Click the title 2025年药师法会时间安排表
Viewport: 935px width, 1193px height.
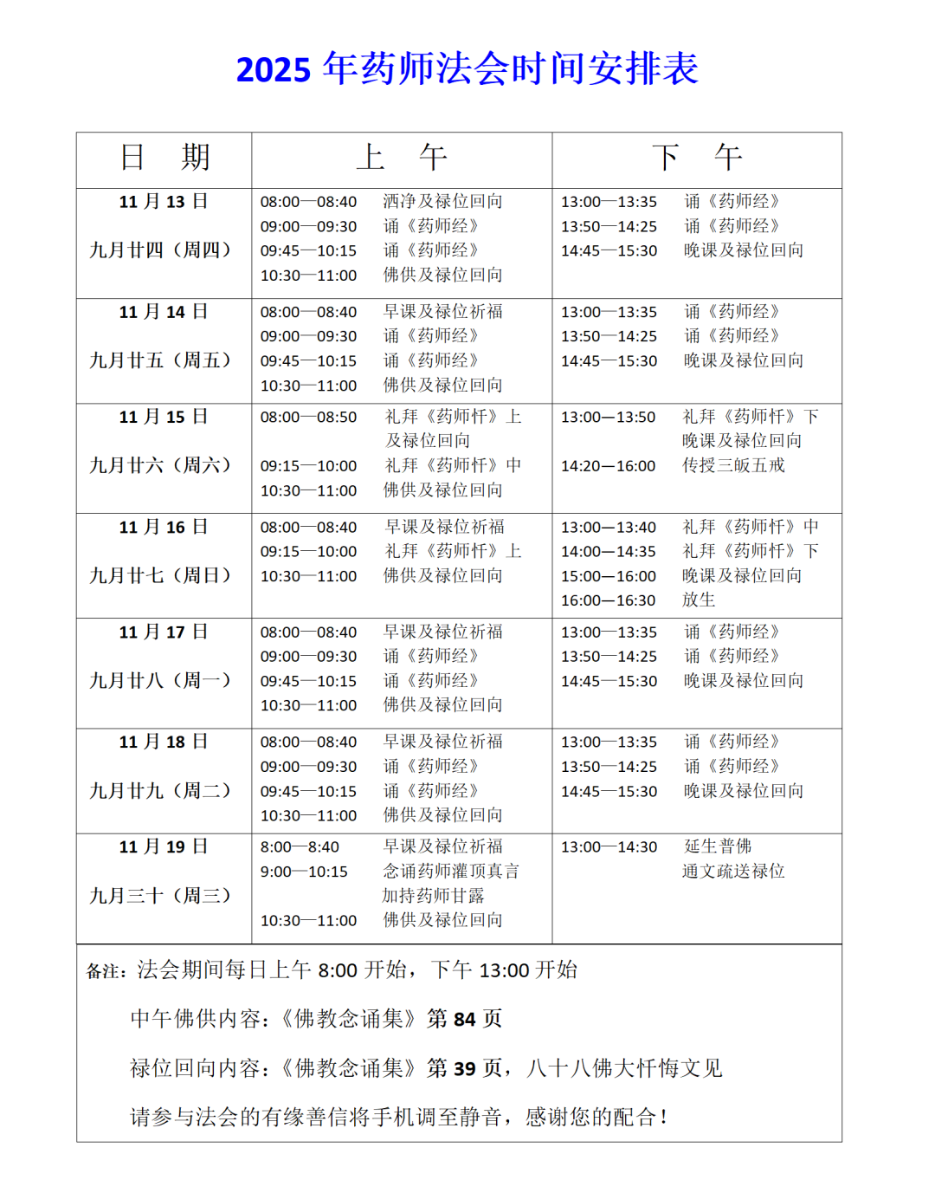(467, 69)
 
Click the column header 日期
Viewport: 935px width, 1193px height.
(164, 158)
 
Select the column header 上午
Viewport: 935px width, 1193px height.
(402, 158)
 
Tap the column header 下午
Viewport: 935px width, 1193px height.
(696, 158)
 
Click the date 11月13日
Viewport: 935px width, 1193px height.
(164, 202)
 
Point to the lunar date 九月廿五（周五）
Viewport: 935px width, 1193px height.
(161, 360)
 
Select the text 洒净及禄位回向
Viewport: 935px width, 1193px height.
(442, 202)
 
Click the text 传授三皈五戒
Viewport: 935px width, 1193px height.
(733, 465)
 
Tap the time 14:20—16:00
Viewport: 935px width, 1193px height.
(609, 466)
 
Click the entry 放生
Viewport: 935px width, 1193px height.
(699, 600)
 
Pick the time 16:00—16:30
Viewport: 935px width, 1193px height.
(609, 600)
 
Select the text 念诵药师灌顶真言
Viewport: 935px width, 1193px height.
(451, 871)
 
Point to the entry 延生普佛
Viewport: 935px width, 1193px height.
(718, 846)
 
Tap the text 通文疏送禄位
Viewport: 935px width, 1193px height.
(733, 871)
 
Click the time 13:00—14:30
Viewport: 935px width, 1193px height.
(609, 847)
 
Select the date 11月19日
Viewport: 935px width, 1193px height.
(164, 847)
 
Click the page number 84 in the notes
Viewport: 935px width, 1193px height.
(464, 1020)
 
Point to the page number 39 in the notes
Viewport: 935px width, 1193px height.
(464, 1069)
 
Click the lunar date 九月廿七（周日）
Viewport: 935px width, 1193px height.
(161, 575)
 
